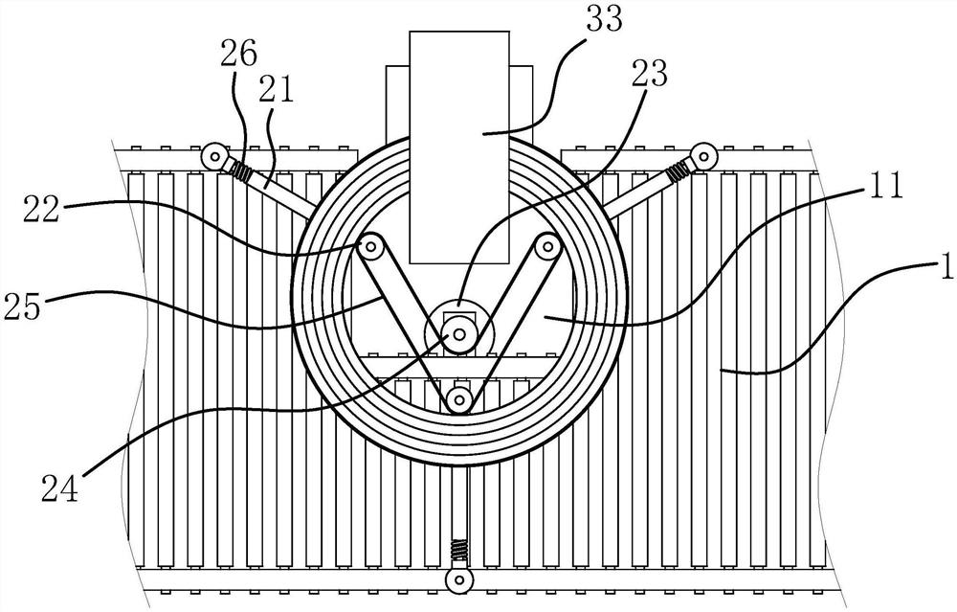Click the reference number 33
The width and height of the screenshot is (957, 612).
pyautogui.click(x=604, y=19)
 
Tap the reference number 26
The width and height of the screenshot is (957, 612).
pyautogui.click(x=238, y=54)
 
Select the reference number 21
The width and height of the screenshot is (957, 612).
pyautogui.click(x=276, y=88)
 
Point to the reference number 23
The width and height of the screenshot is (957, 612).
pyautogui.click(x=650, y=74)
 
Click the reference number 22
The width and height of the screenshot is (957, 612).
pyautogui.click(x=41, y=209)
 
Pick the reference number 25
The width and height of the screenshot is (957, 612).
pyautogui.click(x=23, y=306)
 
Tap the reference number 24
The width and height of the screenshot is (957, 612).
pyautogui.click(x=59, y=488)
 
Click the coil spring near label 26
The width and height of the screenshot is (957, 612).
pyautogui.click(x=242, y=171)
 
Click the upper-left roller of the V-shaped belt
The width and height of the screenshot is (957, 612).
pyautogui.click(x=370, y=249)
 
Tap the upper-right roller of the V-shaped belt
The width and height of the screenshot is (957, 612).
pyautogui.click(x=547, y=248)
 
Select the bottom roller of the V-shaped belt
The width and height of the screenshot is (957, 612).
pyautogui.click(x=459, y=401)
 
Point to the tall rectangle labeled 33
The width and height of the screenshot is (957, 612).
pyautogui.click(x=459, y=147)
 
